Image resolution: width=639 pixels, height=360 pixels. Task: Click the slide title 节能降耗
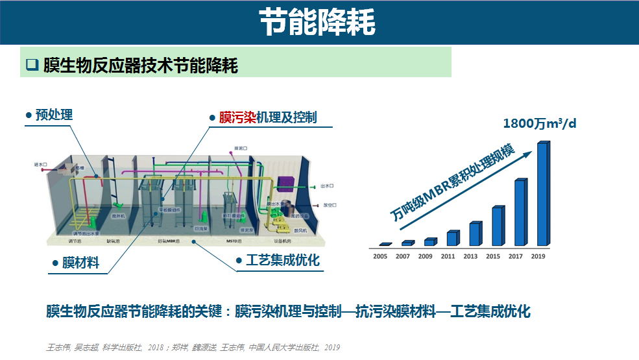(x=317, y=23)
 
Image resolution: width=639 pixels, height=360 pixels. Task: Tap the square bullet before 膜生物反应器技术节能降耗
(x=32, y=65)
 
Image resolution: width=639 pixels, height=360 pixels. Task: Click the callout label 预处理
(x=54, y=115)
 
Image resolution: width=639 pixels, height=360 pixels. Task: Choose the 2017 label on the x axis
(x=516, y=256)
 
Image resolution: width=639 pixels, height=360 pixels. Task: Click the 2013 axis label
(x=472, y=256)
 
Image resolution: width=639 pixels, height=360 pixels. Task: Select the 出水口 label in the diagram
(x=328, y=185)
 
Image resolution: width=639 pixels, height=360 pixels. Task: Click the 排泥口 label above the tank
(x=241, y=147)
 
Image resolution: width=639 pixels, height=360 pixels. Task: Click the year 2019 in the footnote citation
(x=332, y=348)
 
